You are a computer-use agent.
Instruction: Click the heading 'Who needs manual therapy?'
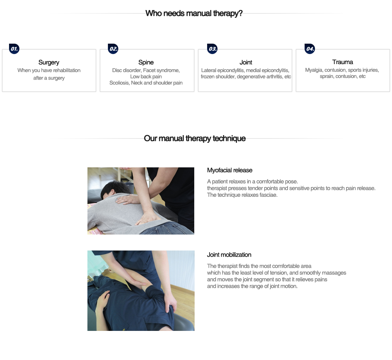194,14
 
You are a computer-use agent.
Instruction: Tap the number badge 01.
14,49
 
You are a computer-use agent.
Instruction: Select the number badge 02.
113,49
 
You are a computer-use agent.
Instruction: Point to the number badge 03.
212,49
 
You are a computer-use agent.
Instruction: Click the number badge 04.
310,49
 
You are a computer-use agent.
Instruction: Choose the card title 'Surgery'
49,62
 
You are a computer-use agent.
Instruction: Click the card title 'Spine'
146,62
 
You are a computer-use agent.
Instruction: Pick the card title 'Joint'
246,62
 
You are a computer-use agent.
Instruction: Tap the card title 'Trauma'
343,62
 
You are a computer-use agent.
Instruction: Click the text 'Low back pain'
146,77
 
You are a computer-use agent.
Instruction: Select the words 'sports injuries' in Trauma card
363,70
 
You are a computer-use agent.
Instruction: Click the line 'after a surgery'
49,78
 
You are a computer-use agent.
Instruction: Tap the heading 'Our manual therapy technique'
195,139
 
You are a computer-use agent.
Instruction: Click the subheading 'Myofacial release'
230,170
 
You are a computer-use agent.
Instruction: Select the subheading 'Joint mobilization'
229,255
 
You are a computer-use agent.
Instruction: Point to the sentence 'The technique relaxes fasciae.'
242,195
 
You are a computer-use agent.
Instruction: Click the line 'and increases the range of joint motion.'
252,286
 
